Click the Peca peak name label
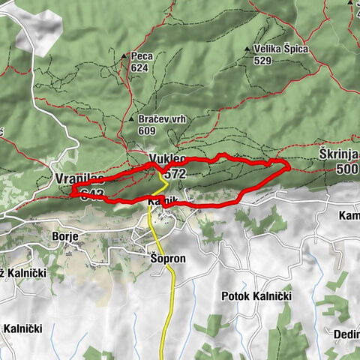[x=140, y=55]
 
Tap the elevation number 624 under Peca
[x=139, y=67]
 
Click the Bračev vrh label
[x=162, y=119]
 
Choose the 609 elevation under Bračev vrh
[x=148, y=130]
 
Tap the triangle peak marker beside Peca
[x=124, y=56]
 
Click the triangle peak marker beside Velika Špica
[x=247, y=50]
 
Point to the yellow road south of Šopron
[x=173, y=300]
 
